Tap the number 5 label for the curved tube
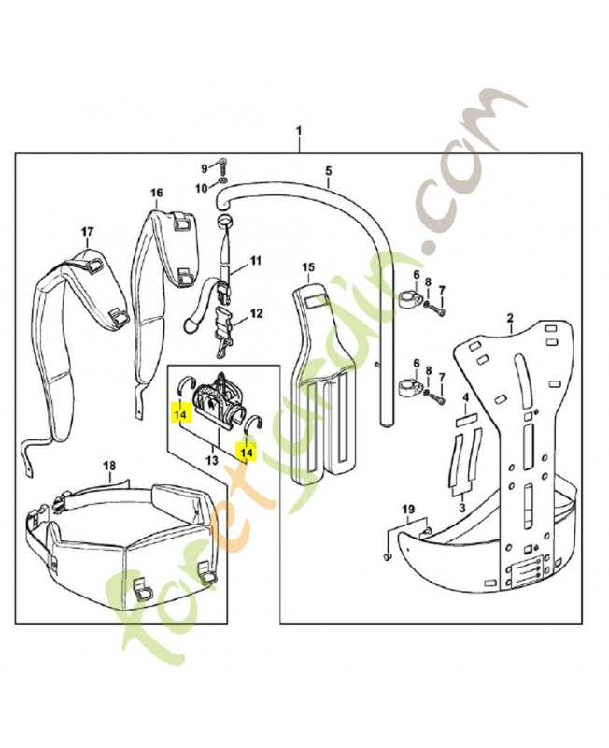[x=328, y=170]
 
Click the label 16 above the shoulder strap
[x=156, y=193]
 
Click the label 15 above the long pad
[x=310, y=268]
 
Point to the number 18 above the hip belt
[x=109, y=465]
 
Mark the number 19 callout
[x=407, y=509]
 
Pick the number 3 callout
[x=460, y=505]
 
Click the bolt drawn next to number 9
[x=223, y=165]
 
